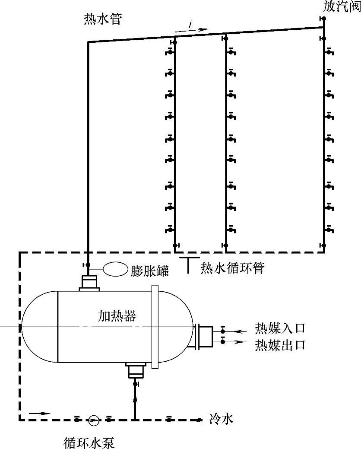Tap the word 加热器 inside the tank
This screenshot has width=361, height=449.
click(x=117, y=317)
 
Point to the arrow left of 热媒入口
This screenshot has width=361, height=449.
click(x=238, y=331)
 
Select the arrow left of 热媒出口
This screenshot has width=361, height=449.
click(x=238, y=341)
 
